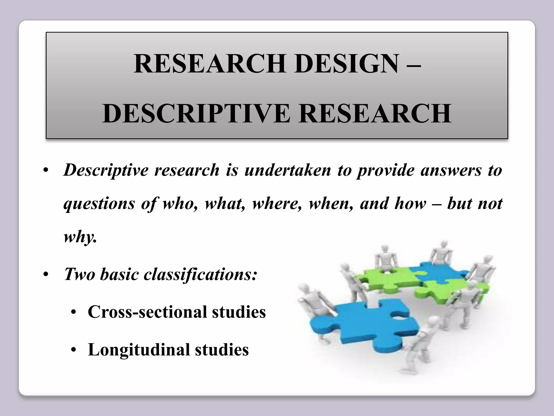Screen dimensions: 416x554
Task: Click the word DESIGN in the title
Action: click(347, 64)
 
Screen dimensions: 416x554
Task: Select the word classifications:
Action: click(200, 274)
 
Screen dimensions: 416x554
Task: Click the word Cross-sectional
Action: click(147, 312)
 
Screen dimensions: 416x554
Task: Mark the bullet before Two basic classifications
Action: click(46, 275)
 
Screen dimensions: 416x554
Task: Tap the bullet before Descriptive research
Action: click(46, 171)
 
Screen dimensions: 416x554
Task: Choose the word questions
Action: click(99, 204)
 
